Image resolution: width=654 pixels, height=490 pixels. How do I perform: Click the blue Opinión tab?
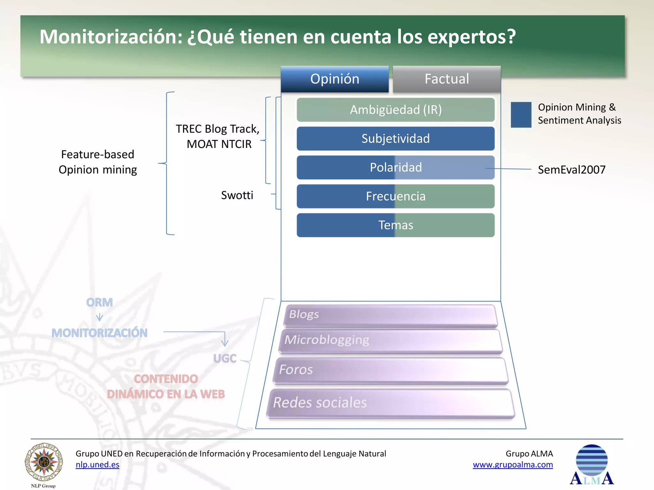coord(335,79)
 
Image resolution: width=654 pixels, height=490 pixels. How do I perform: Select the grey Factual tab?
coord(446,79)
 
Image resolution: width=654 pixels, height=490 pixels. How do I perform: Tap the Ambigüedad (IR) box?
coord(396,110)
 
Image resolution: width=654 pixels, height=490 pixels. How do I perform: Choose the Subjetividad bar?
coord(396,139)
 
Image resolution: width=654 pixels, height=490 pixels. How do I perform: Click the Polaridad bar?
coord(396,167)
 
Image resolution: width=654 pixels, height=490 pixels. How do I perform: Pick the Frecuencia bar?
coord(396,196)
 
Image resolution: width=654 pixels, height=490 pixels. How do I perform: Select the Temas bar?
coord(396,225)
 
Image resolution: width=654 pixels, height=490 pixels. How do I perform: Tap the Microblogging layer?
coord(390,341)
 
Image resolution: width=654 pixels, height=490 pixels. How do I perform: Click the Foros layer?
coord(390,370)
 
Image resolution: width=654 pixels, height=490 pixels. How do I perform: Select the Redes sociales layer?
coord(390,403)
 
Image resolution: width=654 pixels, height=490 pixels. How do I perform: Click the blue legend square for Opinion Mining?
coord(521,115)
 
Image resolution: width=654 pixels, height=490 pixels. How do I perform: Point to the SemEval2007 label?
coord(572,170)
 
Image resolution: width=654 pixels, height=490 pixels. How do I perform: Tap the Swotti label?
coord(237,195)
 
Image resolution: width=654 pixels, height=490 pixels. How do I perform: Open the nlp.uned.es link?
coord(97,465)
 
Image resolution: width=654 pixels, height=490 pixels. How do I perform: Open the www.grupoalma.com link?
coord(513,465)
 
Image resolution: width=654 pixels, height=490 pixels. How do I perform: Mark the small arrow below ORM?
coord(100,317)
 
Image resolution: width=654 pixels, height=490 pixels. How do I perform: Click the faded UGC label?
coord(225,359)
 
